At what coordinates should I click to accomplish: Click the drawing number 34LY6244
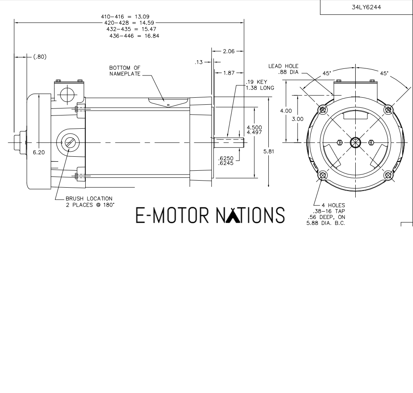coord(366,7)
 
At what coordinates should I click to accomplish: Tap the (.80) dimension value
coord(40,57)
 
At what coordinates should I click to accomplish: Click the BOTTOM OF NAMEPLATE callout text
coord(125,71)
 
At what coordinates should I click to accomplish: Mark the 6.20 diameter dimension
coord(40,152)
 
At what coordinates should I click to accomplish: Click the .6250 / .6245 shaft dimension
coord(226,160)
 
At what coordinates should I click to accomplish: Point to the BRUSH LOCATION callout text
coord(89,202)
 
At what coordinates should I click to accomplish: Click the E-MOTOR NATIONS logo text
coord(210,215)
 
